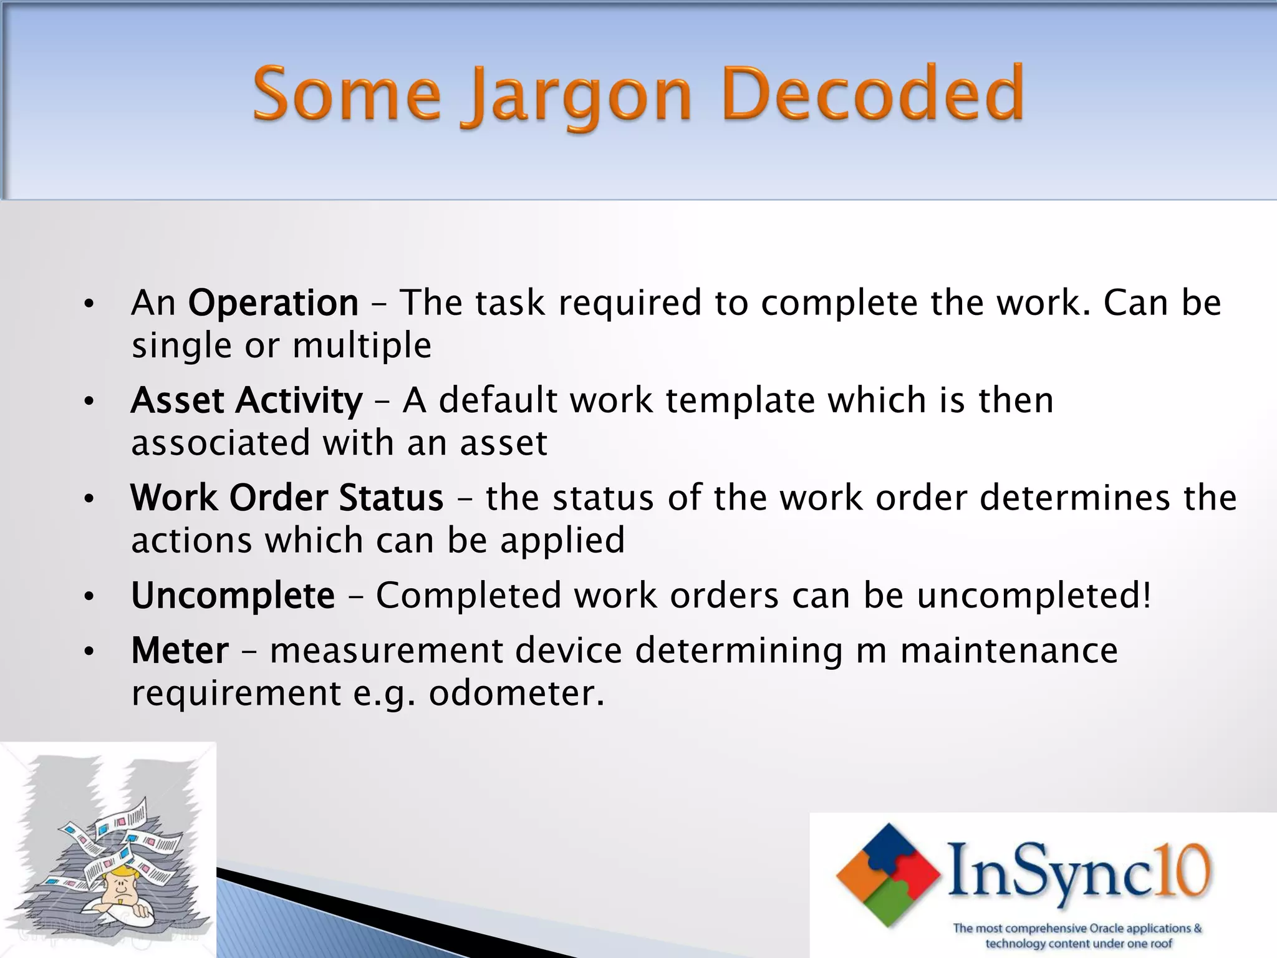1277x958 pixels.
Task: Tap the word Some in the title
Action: [x=347, y=95]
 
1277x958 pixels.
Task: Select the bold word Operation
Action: [x=273, y=303]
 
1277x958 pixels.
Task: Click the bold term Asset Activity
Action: [x=246, y=400]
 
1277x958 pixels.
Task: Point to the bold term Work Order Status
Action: [x=287, y=498]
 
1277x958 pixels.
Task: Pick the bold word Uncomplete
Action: [x=233, y=595]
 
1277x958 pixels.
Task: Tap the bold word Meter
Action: [x=180, y=651]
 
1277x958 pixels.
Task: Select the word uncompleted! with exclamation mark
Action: [x=1034, y=595]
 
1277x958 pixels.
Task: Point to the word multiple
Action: [x=362, y=346]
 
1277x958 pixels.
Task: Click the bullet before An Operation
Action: [x=89, y=304]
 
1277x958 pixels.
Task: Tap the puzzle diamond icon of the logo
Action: [x=888, y=874]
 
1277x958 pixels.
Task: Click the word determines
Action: [x=1074, y=498]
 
